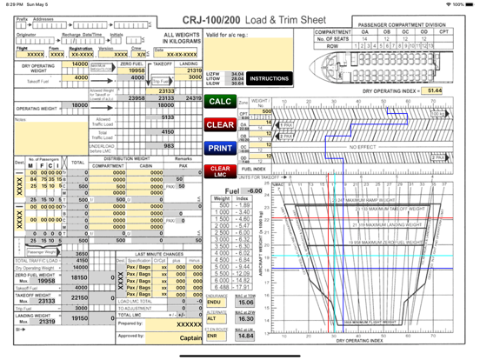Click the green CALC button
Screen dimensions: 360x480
click(x=221, y=102)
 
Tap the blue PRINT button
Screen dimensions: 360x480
click(x=221, y=148)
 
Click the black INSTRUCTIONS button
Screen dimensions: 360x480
click(x=269, y=78)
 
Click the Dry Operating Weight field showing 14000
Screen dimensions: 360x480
click(x=78, y=64)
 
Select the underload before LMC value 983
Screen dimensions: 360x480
click(x=167, y=146)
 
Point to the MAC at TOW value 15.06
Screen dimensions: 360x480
click(x=245, y=303)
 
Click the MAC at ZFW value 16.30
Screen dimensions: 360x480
click(x=245, y=319)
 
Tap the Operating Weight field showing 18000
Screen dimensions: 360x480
click(x=79, y=105)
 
